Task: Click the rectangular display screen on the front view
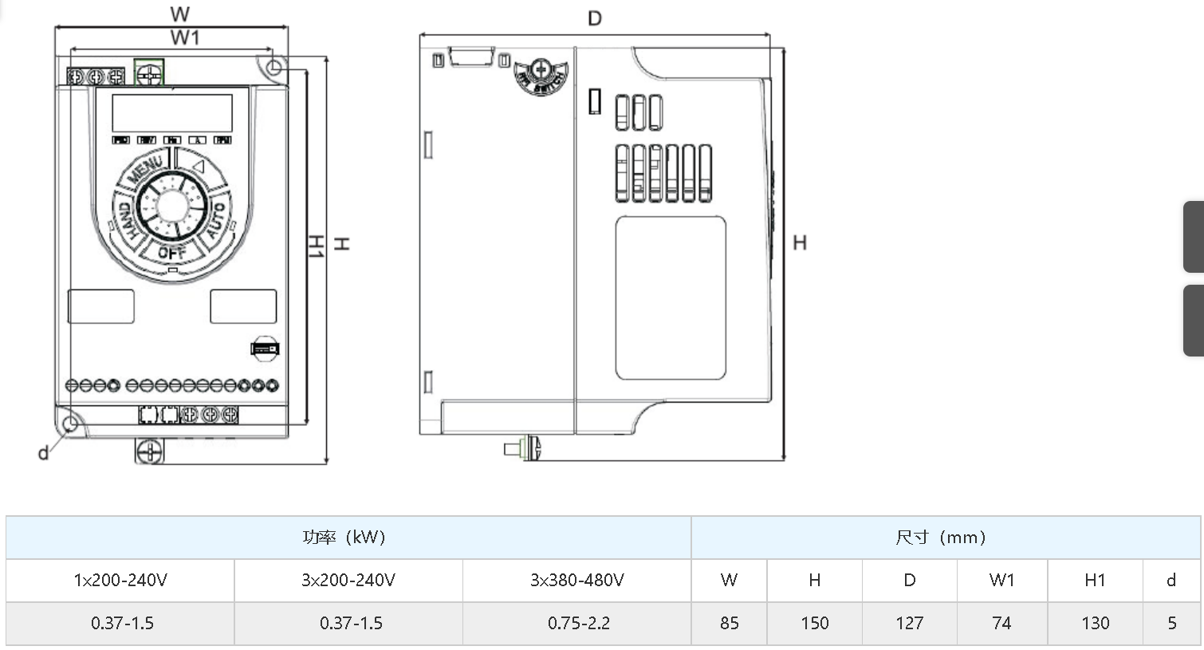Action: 171,113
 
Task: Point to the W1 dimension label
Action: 185,37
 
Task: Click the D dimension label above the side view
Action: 594,18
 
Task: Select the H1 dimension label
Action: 316,246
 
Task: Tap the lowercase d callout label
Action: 43,453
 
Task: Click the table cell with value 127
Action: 909,623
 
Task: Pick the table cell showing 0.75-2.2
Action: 578,623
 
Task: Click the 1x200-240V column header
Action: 120,580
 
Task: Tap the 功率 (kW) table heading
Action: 344,537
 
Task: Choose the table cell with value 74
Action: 1001,623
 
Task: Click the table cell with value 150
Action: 814,623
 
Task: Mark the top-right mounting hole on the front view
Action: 273,68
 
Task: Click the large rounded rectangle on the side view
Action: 671,297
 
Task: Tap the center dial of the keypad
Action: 171,206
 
